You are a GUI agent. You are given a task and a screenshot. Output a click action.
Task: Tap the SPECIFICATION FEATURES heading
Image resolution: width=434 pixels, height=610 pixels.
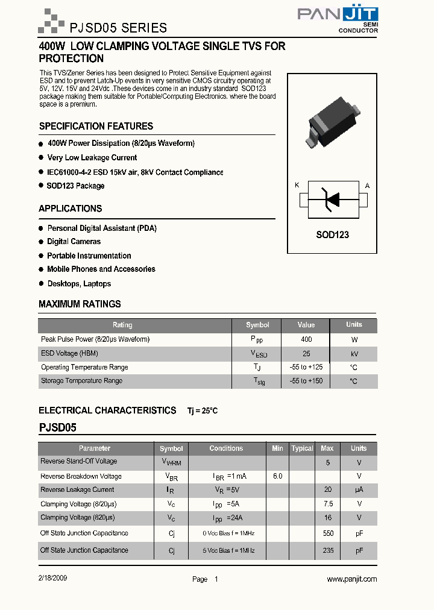(96, 126)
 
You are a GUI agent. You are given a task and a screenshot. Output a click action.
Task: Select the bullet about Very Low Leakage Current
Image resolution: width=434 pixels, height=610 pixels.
(92, 157)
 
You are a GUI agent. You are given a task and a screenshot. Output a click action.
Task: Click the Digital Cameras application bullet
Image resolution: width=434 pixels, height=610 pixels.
(74, 241)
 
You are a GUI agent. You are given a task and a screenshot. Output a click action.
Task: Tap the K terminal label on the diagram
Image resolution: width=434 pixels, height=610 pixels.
(297, 185)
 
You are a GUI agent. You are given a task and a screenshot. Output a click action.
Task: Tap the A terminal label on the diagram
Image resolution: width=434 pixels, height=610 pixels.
(368, 185)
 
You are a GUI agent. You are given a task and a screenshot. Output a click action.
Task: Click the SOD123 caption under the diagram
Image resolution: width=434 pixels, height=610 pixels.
(332, 235)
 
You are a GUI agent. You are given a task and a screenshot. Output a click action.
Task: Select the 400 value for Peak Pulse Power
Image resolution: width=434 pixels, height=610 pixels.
(306, 339)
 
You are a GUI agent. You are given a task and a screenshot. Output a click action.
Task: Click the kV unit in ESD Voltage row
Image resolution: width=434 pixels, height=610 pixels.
(354, 354)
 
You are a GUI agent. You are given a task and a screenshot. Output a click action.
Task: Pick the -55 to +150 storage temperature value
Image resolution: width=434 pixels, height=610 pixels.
(306, 381)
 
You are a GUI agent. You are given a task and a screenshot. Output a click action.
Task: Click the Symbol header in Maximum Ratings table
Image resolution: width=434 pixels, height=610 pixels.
(257, 325)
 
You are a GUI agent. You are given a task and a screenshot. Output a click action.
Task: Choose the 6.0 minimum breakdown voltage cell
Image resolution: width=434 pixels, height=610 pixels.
(277, 476)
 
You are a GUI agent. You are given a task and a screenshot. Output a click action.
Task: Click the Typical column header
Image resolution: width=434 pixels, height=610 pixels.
(302, 448)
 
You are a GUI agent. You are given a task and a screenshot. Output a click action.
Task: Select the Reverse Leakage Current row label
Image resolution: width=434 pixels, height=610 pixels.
(77, 490)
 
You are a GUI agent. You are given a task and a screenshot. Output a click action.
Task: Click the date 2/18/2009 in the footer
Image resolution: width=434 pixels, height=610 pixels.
(53, 577)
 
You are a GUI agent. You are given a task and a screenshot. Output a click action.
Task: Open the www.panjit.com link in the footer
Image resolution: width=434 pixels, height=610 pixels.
(351, 579)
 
